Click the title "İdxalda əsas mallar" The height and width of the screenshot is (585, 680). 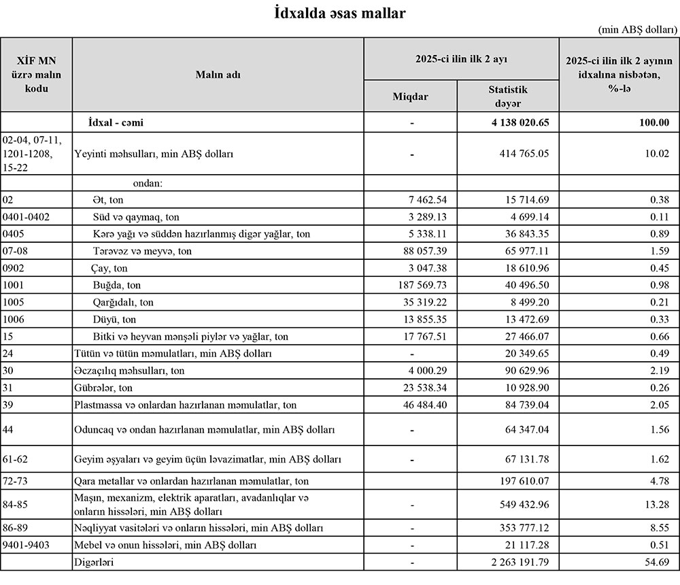click(340, 12)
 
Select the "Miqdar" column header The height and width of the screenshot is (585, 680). click(410, 97)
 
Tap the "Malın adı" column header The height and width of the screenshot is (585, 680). click(218, 75)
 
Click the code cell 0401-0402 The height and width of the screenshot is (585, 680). click(27, 217)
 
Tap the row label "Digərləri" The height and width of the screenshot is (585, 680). click(93, 563)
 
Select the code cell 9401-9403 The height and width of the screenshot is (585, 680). click(27, 545)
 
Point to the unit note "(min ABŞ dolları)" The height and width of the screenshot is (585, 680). click(638, 30)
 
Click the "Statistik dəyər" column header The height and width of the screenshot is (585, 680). click(508, 97)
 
